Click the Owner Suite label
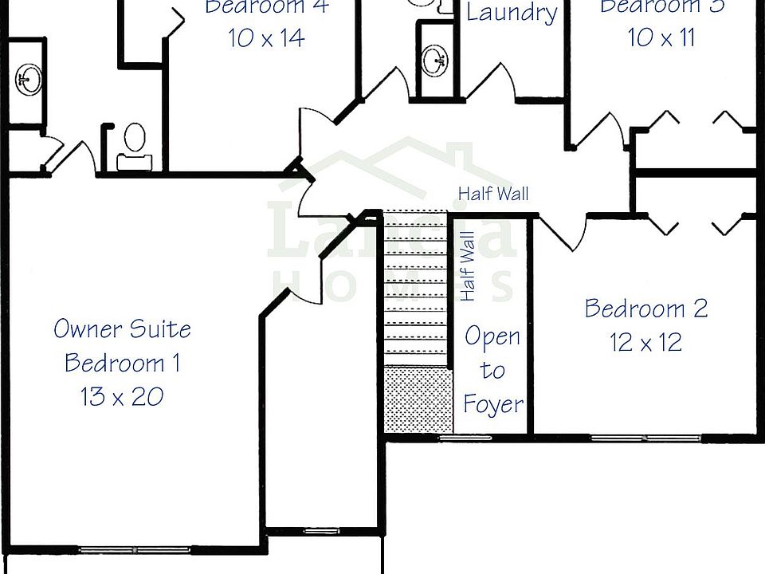[x=122, y=328]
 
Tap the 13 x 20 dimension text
[x=122, y=395]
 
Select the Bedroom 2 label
[x=645, y=309]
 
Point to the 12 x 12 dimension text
[x=645, y=343]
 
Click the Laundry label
[x=511, y=13]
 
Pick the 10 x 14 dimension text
[x=266, y=37]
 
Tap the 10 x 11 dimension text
[x=661, y=37]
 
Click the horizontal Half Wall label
[x=493, y=193]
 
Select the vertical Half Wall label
[x=468, y=266]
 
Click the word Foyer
[x=493, y=404]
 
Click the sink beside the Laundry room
[x=436, y=60]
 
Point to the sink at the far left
[x=29, y=78]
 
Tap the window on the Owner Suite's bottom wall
[x=134, y=548]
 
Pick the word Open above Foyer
[x=492, y=336]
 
